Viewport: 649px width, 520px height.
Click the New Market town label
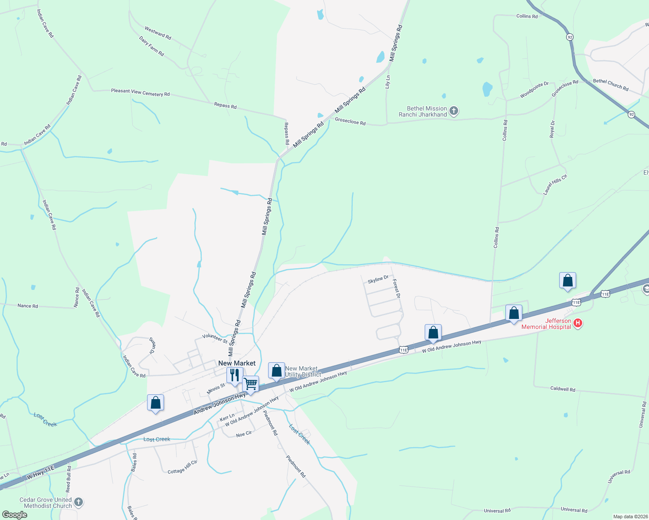[237, 363]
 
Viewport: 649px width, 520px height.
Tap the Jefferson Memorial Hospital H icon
[577, 323]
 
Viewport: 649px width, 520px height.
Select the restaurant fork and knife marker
[235, 375]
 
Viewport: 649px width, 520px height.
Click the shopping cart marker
[250, 383]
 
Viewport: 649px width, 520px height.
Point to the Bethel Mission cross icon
[453, 111]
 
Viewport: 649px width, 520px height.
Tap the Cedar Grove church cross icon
[78, 502]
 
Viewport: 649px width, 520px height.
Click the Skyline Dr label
[378, 279]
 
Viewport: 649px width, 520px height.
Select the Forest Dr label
[397, 288]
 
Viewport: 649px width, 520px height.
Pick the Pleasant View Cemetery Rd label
[140, 92]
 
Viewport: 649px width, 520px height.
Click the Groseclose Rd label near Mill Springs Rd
[350, 122]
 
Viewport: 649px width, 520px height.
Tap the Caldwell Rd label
[563, 389]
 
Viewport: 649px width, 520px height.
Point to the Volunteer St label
[215, 338]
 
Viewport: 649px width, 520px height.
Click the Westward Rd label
[158, 33]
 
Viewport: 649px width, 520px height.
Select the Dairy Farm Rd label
[151, 46]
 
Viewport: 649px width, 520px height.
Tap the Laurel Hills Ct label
[555, 185]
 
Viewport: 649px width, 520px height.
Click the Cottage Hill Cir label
[182, 467]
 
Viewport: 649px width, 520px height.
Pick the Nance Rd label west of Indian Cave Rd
[28, 305]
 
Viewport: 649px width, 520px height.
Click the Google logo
[14, 515]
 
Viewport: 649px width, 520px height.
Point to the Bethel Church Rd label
[610, 84]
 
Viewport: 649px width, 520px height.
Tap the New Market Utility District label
[303, 371]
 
